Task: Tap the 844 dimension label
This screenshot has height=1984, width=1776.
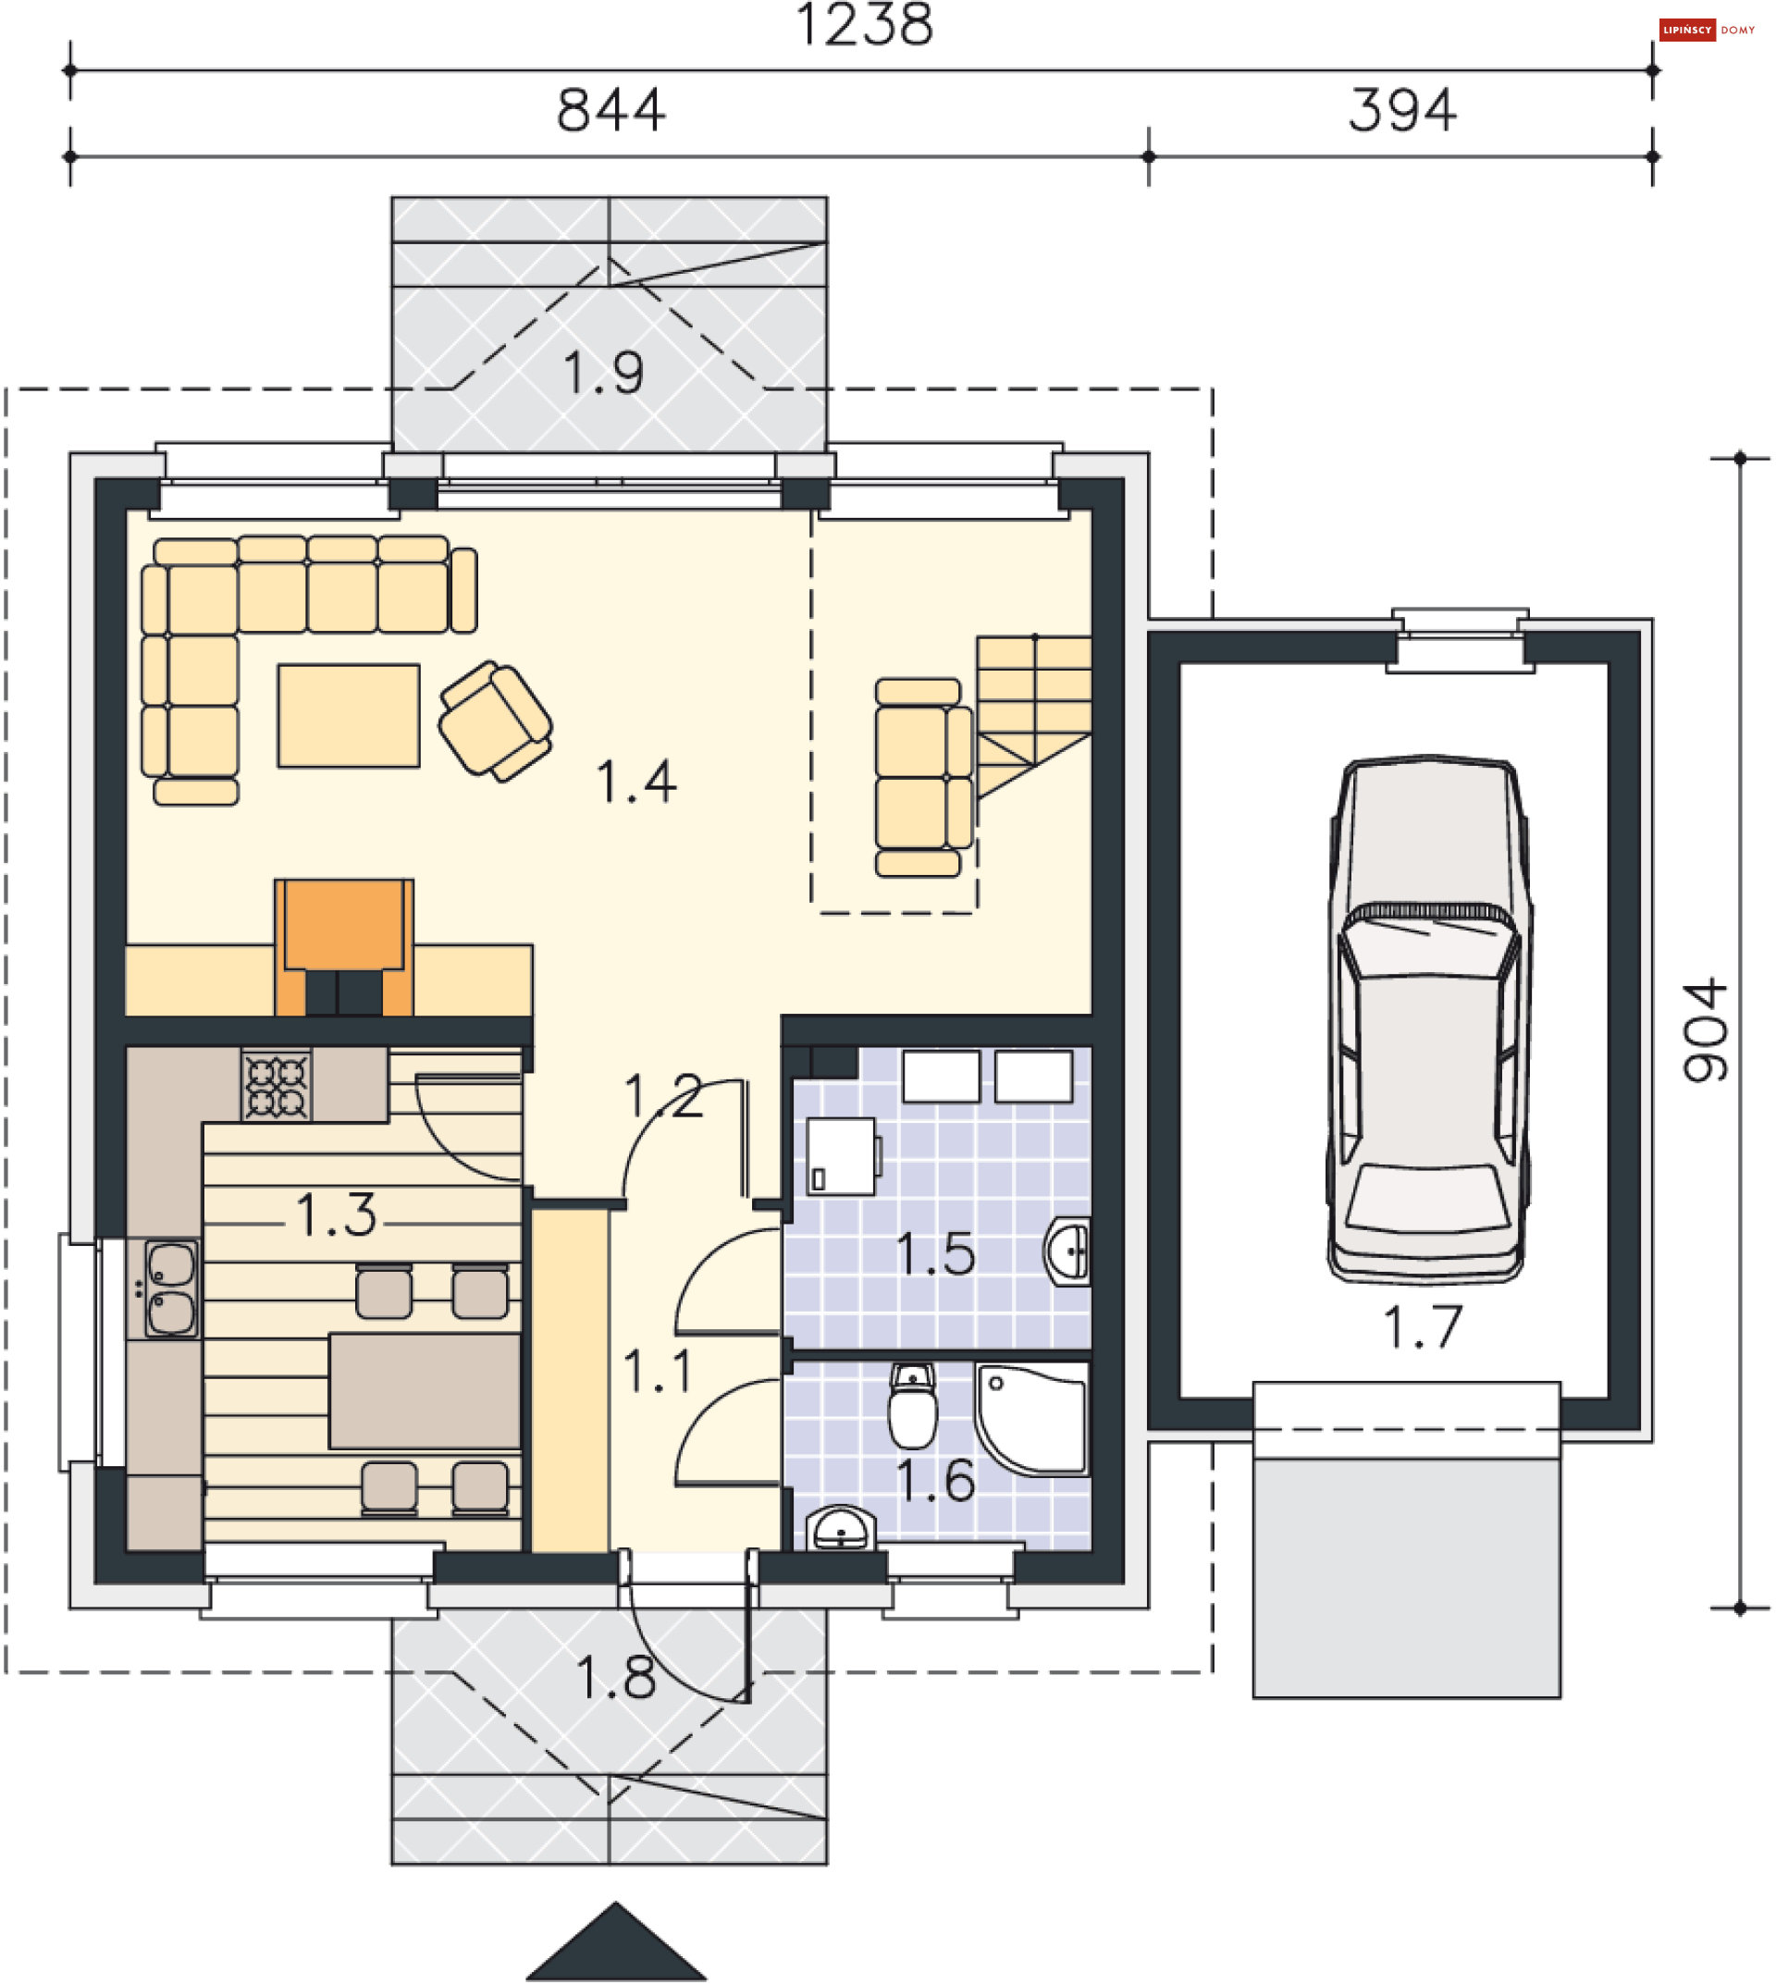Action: pyautogui.click(x=610, y=110)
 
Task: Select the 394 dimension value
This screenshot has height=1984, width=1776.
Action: pyautogui.click(x=1402, y=110)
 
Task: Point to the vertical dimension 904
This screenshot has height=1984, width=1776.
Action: pyautogui.click(x=1705, y=1030)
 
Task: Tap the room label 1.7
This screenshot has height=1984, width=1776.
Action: pyautogui.click(x=1423, y=1327)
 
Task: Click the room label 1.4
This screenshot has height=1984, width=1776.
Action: pyautogui.click(x=635, y=783)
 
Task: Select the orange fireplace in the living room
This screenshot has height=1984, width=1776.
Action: pyautogui.click(x=343, y=947)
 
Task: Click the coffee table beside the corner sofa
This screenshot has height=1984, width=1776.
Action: pyautogui.click(x=349, y=716)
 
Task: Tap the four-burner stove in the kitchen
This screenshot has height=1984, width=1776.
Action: pyautogui.click(x=277, y=1085)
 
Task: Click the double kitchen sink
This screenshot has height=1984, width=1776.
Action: pyautogui.click(x=171, y=1288)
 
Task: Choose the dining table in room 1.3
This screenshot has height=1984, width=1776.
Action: pyautogui.click(x=425, y=1392)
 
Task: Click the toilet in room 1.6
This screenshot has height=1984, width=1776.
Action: pyautogui.click(x=912, y=1406)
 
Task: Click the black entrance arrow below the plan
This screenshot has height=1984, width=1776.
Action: pyautogui.click(x=616, y=1942)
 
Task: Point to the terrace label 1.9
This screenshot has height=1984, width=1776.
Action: pyautogui.click(x=603, y=373)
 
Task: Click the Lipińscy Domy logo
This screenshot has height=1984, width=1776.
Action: pyautogui.click(x=1708, y=31)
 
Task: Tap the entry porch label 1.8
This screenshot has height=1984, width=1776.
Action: pyautogui.click(x=615, y=1679)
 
